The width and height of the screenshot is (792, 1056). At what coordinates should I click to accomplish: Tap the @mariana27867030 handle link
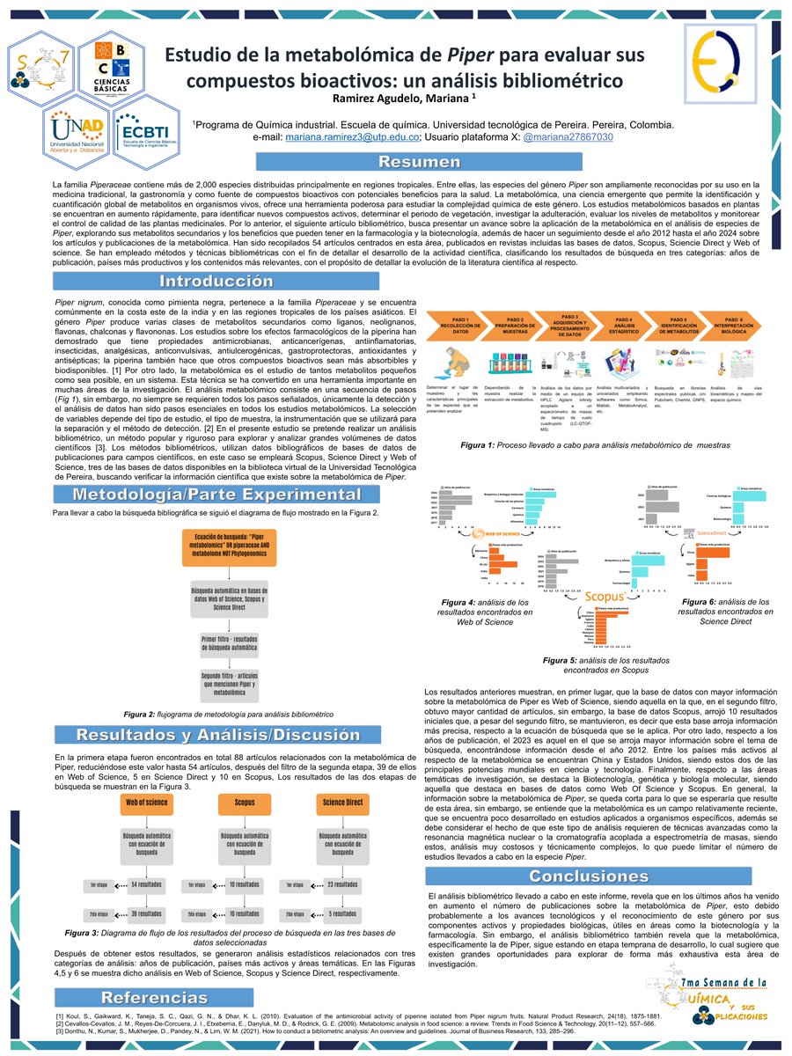coord(568,137)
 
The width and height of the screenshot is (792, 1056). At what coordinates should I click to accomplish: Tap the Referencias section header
coord(142,997)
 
